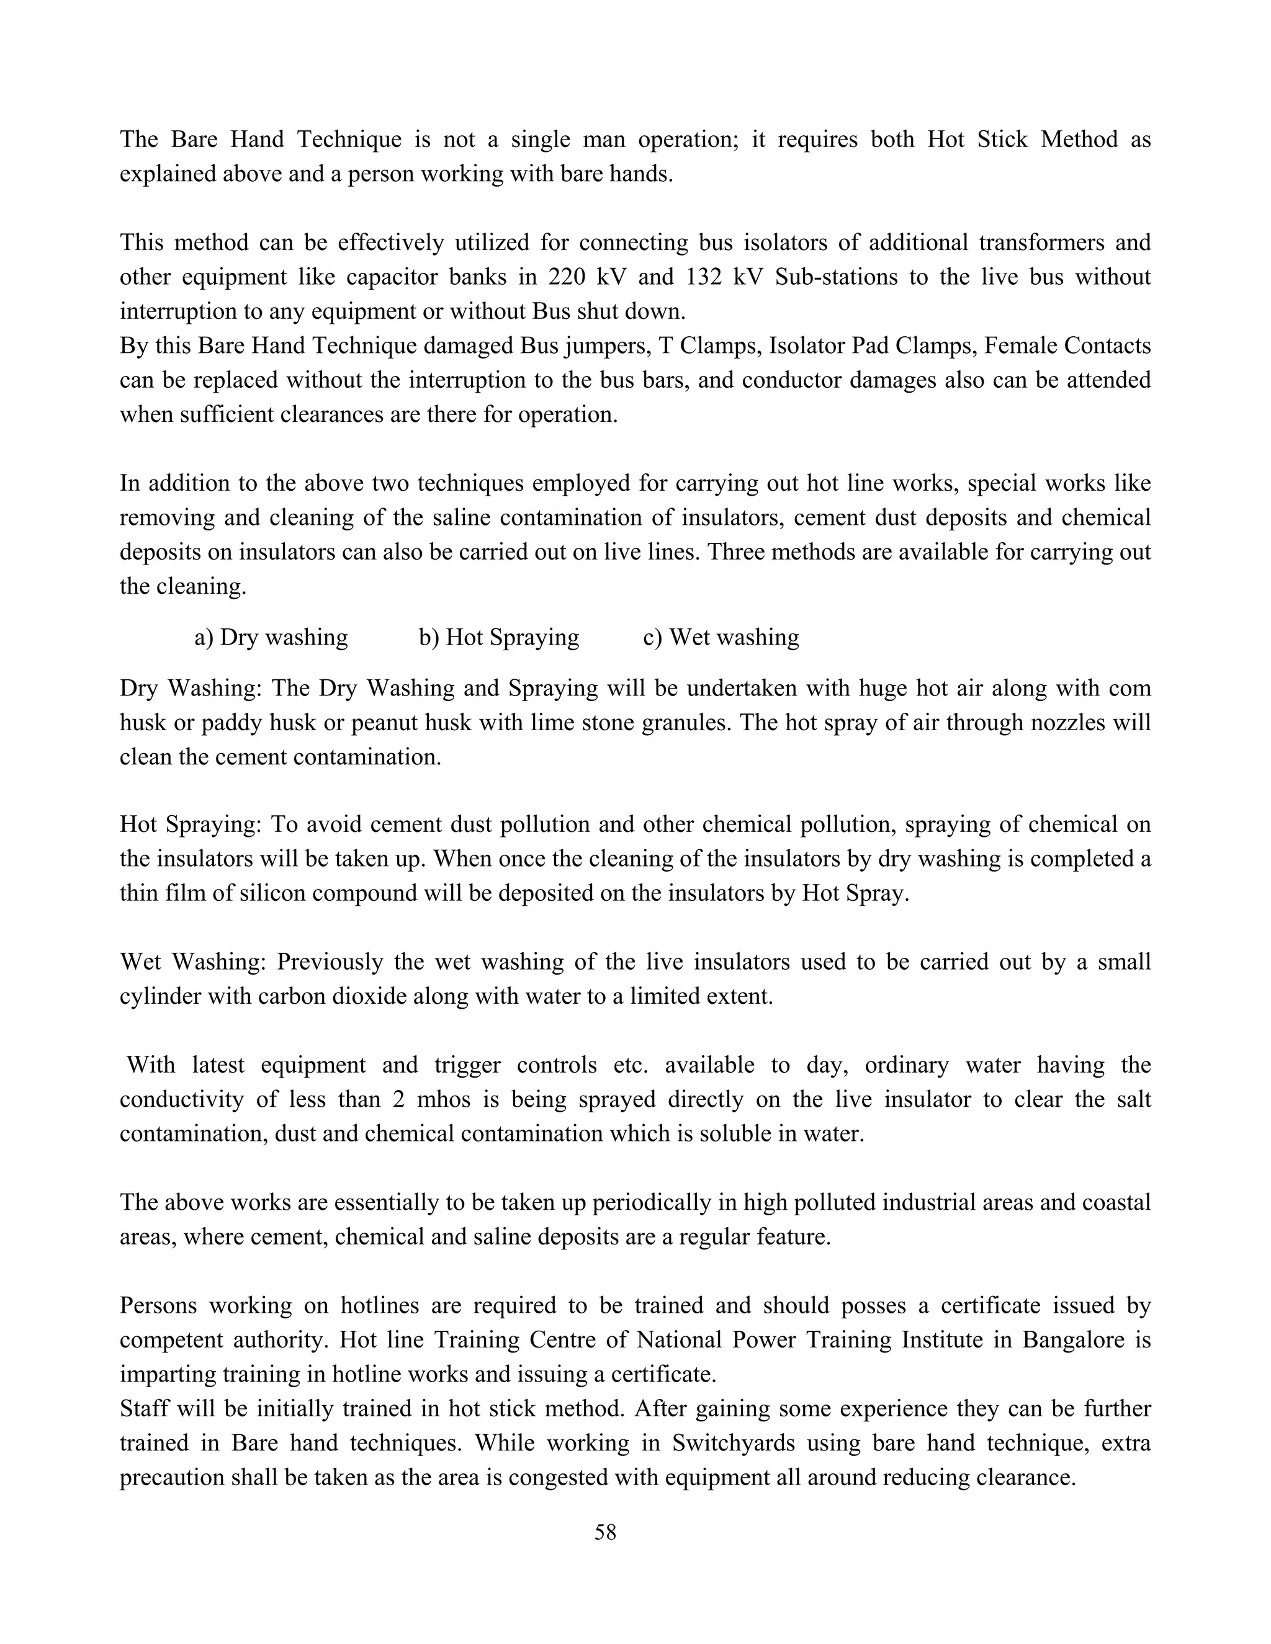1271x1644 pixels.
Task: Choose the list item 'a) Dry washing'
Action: pyautogui.click(x=271, y=638)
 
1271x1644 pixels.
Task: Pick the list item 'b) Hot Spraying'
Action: pyautogui.click(x=499, y=638)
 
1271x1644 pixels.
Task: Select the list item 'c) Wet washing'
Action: pyautogui.click(x=721, y=638)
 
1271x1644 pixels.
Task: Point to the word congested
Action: pyautogui.click(x=554, y=1478)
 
